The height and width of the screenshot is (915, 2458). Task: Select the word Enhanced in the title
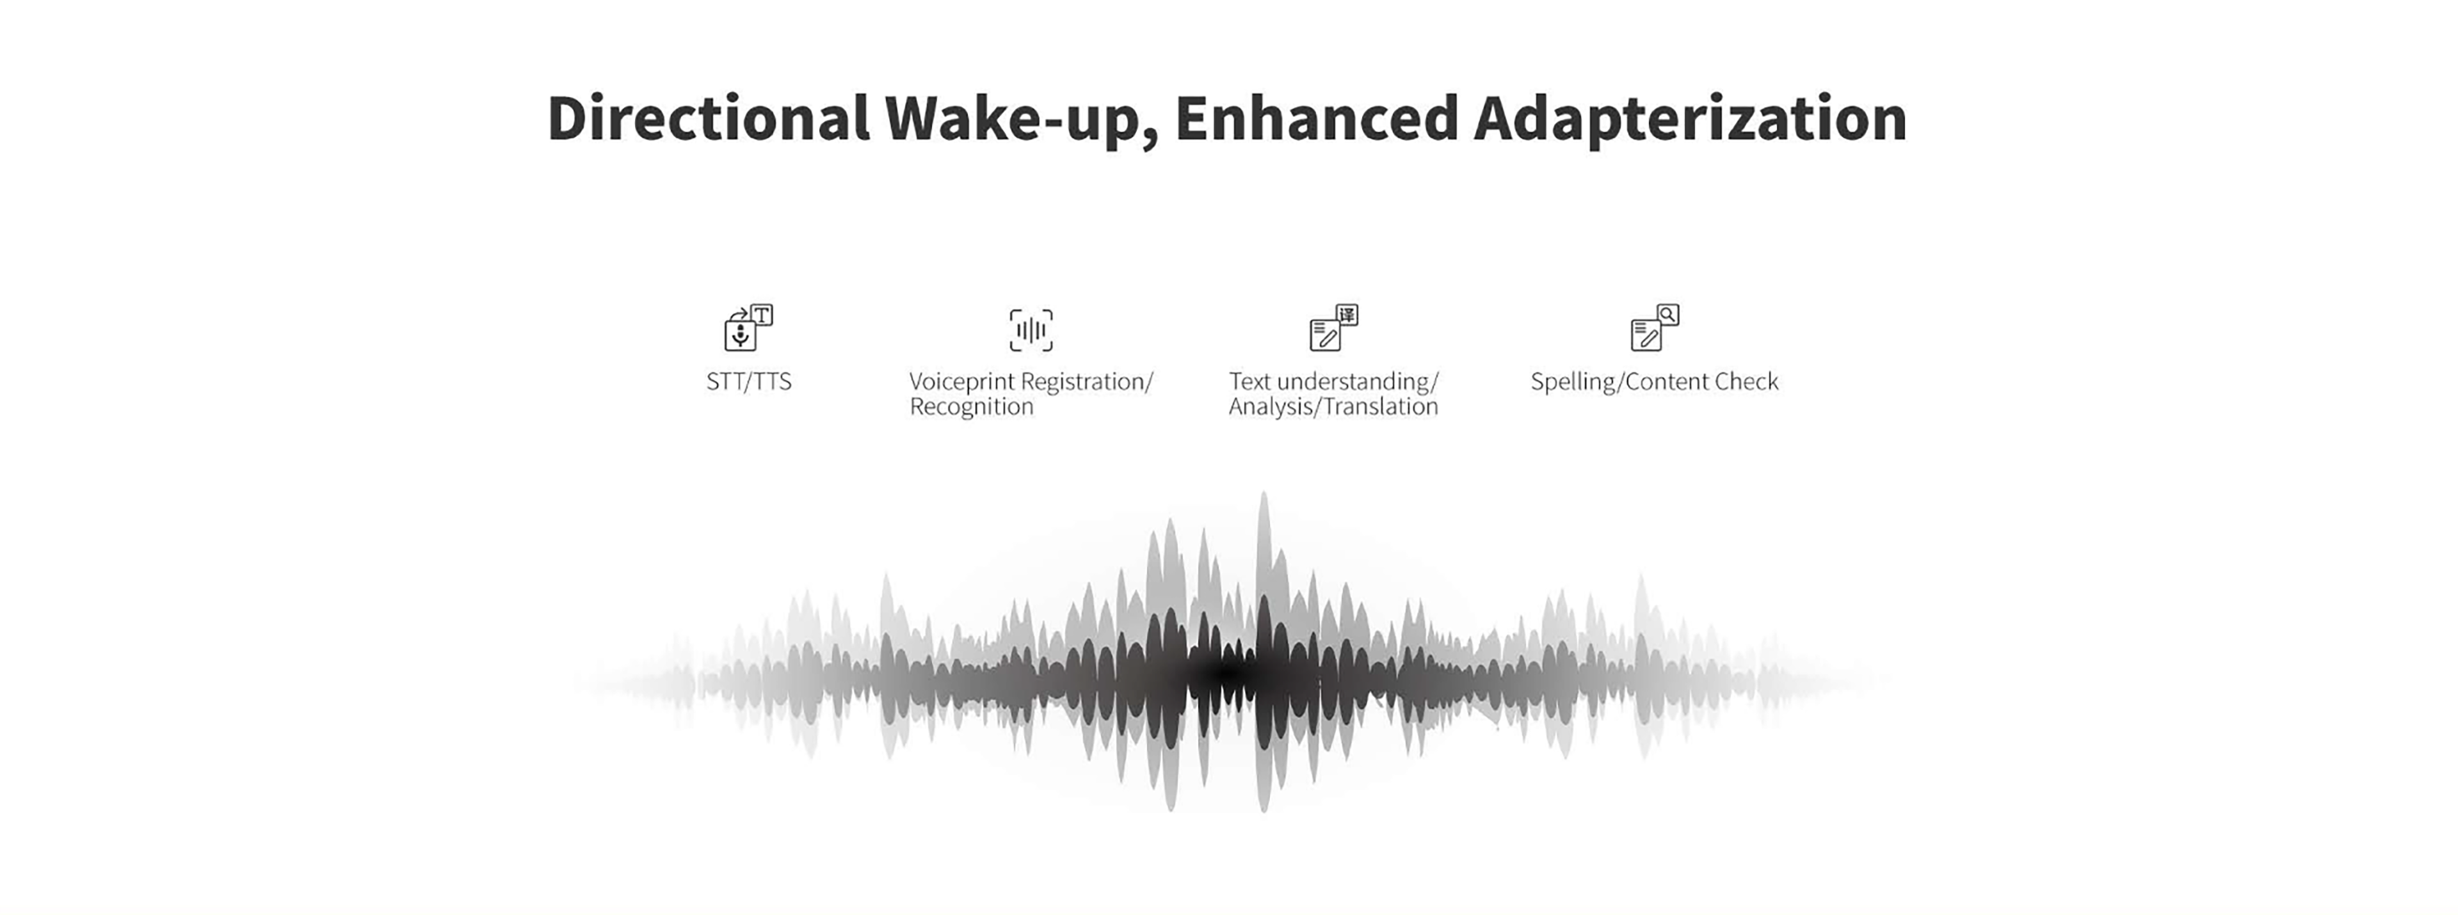(1317, 118)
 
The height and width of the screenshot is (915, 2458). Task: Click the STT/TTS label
(749, 381)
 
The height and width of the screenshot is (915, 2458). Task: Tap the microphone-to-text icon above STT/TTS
(749, 327)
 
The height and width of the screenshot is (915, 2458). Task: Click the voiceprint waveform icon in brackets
(1031, 330)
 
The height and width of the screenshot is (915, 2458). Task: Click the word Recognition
(972, 406)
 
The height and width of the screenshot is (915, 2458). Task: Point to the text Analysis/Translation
(1333, 406)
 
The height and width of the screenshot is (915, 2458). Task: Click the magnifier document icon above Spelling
(1655, 327)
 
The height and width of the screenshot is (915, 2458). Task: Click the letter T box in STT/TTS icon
(762, 315)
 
